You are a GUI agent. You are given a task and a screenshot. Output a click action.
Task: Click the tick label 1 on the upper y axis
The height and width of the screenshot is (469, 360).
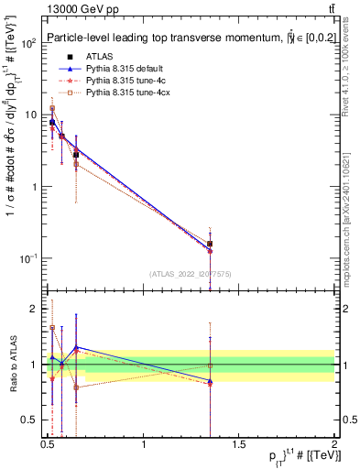pyautogui.click(x=33, y=187)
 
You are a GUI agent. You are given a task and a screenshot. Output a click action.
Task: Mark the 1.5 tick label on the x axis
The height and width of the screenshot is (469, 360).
pyautogui.click(x=239, y=443)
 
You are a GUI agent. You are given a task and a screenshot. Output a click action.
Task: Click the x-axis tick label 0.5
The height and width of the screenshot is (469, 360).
pyautogui.click(x=48, y=443)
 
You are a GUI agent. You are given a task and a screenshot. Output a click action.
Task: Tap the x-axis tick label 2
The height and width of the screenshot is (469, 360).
pyautogui.click(x=334, y=443)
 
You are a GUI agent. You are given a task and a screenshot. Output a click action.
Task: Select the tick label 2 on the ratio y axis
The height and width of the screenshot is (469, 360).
pyautogui.click(x=33, y=309)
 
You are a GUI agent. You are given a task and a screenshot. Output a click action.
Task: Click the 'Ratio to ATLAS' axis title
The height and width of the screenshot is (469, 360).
pyautogui.click(x=12, y=365)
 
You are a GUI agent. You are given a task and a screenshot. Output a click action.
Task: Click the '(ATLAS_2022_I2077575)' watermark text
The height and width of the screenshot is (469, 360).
pyautogui.click(x=191, y=274)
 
